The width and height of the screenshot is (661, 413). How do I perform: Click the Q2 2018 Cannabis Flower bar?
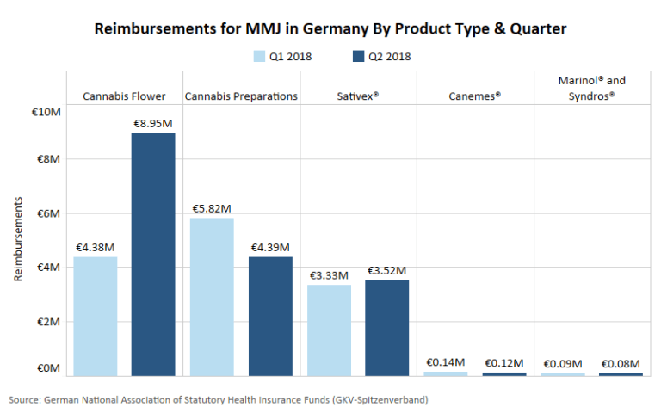[x=153, y=254]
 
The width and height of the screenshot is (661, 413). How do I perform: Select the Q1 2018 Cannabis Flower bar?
[x=95, y=316]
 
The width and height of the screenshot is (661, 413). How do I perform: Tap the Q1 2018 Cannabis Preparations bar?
[x=212, y=297]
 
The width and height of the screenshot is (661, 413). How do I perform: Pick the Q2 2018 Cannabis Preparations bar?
[x=270, y=316]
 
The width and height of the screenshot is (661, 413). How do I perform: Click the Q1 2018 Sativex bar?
[x=329, y=330]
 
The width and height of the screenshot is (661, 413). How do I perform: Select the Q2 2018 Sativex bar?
[x=387, y=327]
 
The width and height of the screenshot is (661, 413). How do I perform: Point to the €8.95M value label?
[x=154, y=123]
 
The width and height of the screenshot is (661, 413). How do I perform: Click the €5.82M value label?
[x=212, y=208]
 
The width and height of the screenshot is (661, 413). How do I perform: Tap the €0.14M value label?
[x=446, y=362]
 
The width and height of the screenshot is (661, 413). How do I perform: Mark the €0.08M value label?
[x=621, y=364]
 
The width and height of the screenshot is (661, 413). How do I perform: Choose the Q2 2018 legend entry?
[x=381, y=57]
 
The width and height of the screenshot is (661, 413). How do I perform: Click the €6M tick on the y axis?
[x=48, y=213]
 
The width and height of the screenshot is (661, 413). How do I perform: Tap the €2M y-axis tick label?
[x=48, y=322]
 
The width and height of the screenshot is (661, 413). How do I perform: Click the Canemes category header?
[x=474, y=96]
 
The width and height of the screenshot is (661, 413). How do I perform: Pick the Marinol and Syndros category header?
[x=591, y=89]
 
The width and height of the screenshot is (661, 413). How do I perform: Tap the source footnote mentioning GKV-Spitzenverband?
[x=219, y=400]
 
